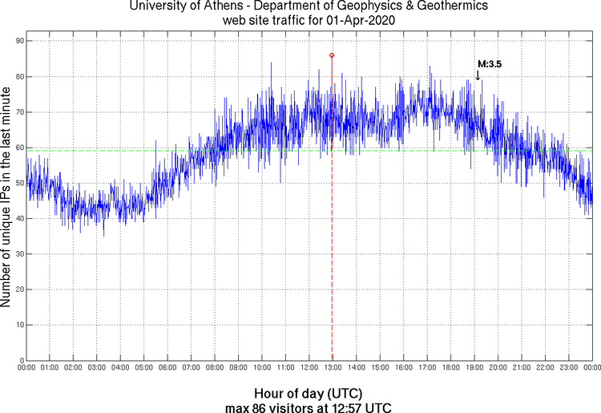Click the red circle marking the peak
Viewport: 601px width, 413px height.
tap(332, 55)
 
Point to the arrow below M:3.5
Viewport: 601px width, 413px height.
tap(478, 75)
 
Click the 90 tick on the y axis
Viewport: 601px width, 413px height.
tap(18, 41)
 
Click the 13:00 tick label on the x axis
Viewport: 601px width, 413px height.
tap(332, 368)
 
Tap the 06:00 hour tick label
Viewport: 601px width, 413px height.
tap(167, 368)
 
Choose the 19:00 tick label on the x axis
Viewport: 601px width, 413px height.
tap(474, 368)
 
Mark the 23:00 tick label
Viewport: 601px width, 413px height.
tap(568, 368)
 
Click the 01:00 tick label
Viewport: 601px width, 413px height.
tap(50, 368)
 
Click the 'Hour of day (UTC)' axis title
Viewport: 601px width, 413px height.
tap(308, 394)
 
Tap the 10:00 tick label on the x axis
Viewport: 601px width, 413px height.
tap(261, 368)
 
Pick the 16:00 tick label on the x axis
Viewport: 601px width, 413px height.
tap(403, 368)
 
